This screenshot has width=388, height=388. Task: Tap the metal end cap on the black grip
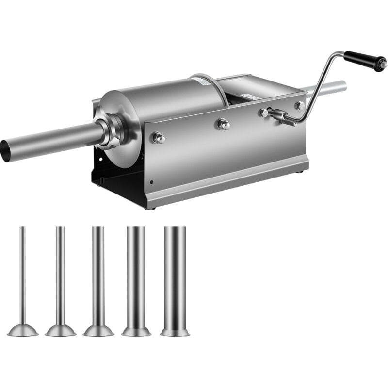[383, 64]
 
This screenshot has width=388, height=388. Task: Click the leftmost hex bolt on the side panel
[158, 138]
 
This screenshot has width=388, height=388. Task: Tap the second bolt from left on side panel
[223, 124]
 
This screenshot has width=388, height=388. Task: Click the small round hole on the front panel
[152, 183]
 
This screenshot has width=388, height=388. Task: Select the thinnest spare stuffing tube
[22, 276]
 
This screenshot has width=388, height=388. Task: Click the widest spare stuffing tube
[175, 276]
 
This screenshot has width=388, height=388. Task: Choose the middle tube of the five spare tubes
[98, 276]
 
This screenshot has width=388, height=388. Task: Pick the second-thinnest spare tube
[60, 276]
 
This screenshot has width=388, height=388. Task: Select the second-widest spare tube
[136, 276]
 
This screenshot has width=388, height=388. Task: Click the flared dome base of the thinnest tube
[22, 331]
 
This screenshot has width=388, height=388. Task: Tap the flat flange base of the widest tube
[175, 333]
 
